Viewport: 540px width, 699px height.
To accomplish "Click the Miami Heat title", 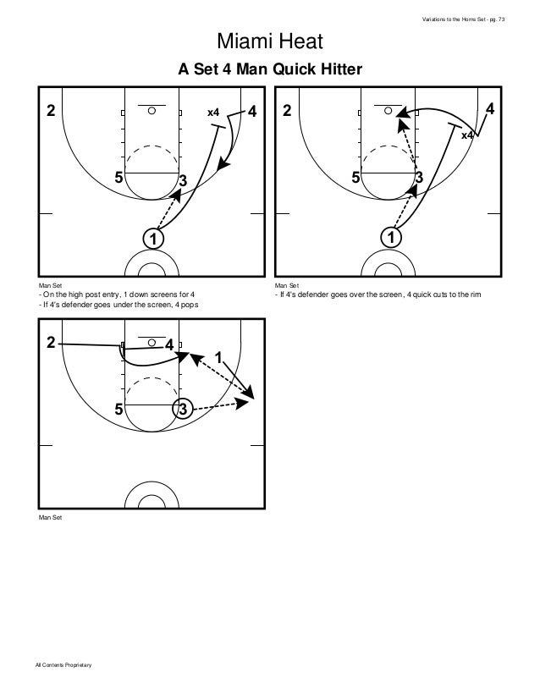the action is pyautogui.click(x=270, y=41).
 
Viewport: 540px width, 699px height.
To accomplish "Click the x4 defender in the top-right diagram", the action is pyautogui.click(x=466, y=135).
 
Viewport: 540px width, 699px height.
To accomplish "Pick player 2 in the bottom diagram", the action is pyautogui.click(x=51, y=343).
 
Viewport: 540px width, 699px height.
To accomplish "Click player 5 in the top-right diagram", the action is pyautogui.click(x=356, y=178).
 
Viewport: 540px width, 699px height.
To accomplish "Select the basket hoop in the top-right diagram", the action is pyautogui.click(x=388, y=110).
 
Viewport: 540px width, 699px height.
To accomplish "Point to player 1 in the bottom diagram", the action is pyautogui.click(x=218, y=358).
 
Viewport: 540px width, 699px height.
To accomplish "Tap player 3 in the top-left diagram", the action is pyautogui.click(x=182, y=180).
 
